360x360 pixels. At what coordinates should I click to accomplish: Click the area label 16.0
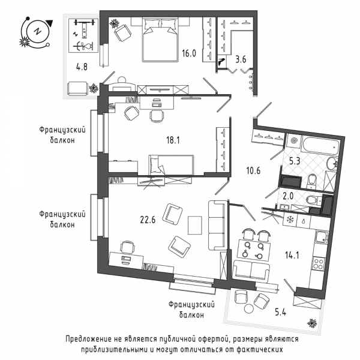coord(189,53)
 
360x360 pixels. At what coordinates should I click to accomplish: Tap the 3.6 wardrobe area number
coord(241,59)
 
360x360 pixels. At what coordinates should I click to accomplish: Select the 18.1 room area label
coord(173,140)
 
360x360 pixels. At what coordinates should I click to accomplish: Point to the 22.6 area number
coord(148,220)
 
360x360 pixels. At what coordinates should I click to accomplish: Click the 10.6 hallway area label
coord(253,170)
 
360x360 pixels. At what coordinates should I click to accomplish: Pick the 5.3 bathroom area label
coord(295,161)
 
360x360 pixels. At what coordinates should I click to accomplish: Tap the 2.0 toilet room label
coord(288,196)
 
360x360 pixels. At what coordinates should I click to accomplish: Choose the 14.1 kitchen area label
coord(292,255)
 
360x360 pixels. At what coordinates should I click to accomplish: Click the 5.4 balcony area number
coord(281,312)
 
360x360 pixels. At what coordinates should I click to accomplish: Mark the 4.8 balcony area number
coord(82,67)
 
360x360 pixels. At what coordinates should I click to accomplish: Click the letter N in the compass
coord(37,31)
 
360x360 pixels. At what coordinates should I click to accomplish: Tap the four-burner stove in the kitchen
coord(319,263)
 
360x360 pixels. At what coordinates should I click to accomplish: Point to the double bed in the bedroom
coord(160,40)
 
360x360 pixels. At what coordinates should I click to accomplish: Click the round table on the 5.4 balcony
coord(250,308)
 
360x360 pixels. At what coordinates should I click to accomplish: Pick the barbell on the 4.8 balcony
coord(85,23)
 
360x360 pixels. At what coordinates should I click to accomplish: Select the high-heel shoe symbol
coord(222,62)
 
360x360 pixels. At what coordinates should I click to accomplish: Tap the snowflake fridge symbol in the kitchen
coord(290,220)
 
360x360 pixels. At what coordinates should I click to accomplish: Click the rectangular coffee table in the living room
coord(195,225)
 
